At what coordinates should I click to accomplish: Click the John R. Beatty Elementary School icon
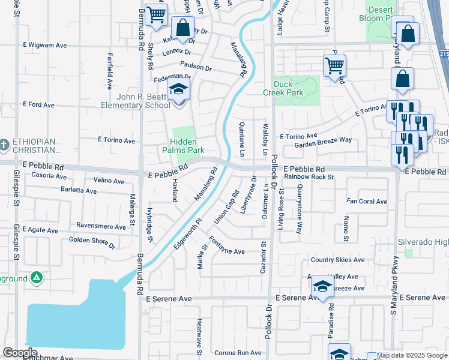point(178,91)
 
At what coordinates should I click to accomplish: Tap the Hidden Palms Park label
point(184,146)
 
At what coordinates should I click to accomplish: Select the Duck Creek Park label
point(283,88)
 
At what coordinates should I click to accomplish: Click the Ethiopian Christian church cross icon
point(5,145)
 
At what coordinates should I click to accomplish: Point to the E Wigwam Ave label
point(44,45)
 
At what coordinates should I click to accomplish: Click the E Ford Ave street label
point(39,104)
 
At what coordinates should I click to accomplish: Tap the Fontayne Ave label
point(227,251)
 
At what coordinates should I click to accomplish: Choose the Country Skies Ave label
point(337,260)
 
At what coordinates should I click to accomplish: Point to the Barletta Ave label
point(78,191)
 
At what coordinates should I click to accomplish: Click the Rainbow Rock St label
point(309,176)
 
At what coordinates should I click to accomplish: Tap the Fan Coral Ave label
point(367,201)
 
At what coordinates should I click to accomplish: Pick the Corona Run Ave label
point(238,353)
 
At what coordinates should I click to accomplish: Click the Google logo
point(20,353)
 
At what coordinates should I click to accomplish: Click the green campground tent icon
point(37,278)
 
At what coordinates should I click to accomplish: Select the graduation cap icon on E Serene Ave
point(322,288)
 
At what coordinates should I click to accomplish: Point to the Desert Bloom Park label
point(380,14)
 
